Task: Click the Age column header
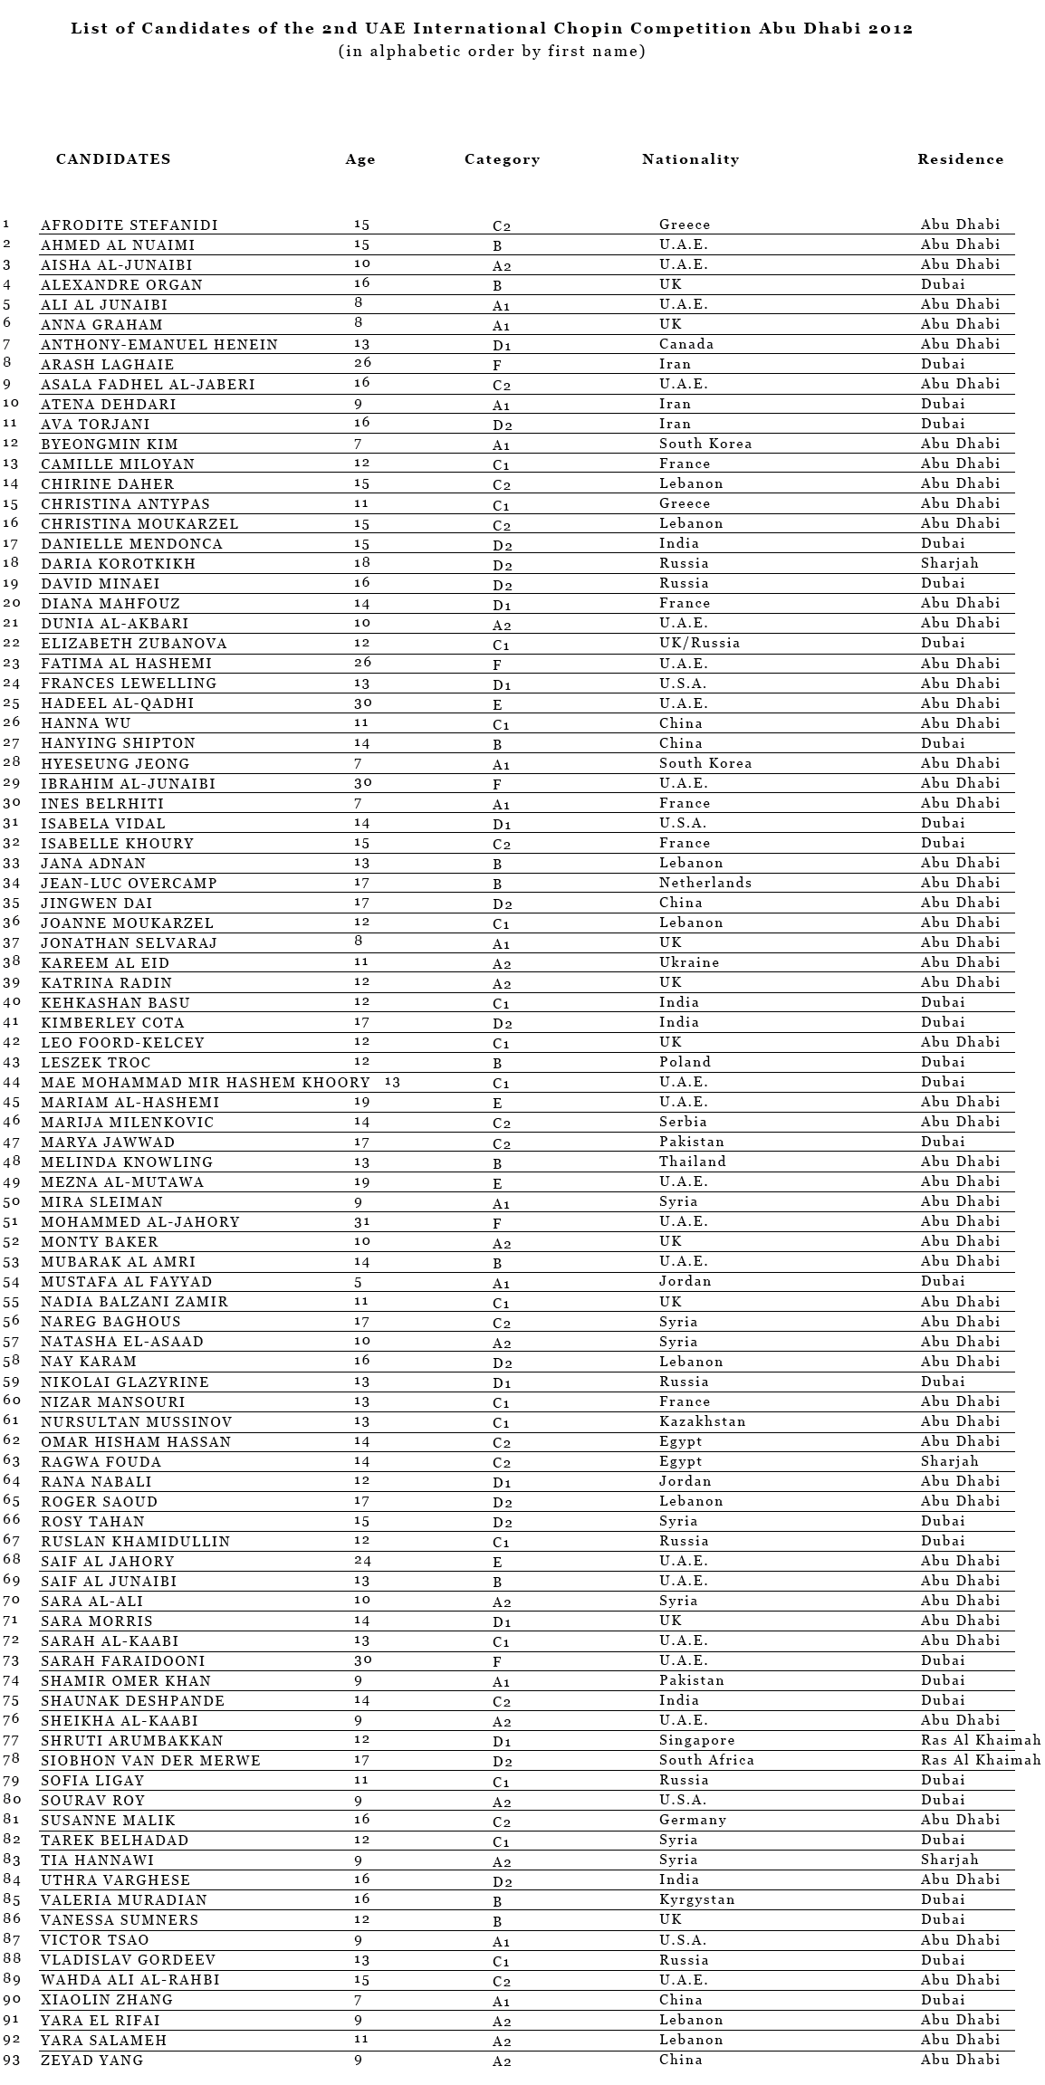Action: click(360, 159)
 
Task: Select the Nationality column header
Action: click(690, 159)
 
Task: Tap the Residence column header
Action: click(960, 159)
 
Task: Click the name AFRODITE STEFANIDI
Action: click(129, 225)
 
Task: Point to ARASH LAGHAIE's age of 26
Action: click(362, 364)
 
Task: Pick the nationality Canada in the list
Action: click(686, 344)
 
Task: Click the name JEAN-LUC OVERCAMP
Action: click(129, 884)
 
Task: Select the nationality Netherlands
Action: click(705, 883)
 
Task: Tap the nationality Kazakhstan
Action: click(703, 1421)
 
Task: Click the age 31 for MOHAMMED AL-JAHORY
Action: click(362, 1222)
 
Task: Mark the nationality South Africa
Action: click(706, 1760)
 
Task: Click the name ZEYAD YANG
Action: click(92, 2061)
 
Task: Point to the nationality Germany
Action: click(693, 1820)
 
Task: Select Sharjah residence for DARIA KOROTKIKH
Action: click(950, 563)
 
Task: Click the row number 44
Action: click(11, 1083)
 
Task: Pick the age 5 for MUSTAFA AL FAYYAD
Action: click(359, 1282)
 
